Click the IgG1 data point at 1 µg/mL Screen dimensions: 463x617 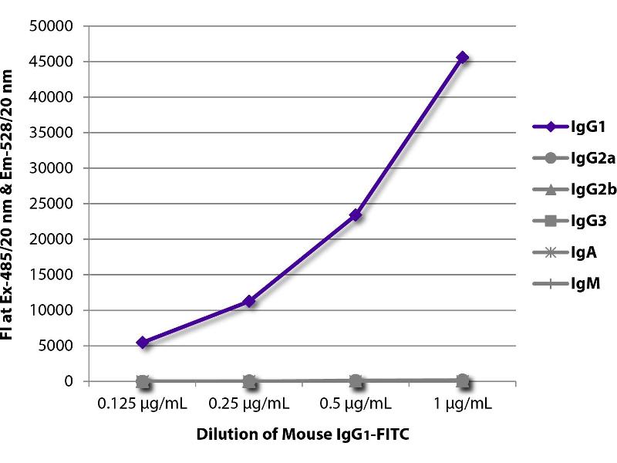[x=462, y=57]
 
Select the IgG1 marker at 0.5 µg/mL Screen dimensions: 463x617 [x=356, y=215]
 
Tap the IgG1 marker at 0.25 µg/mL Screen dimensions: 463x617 [x=249, y=301]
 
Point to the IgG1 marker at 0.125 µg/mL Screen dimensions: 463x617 [x=143, y=342]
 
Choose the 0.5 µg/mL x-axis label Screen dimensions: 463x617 [x=356, y=404]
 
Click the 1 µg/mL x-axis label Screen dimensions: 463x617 [x=462, y=404]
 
